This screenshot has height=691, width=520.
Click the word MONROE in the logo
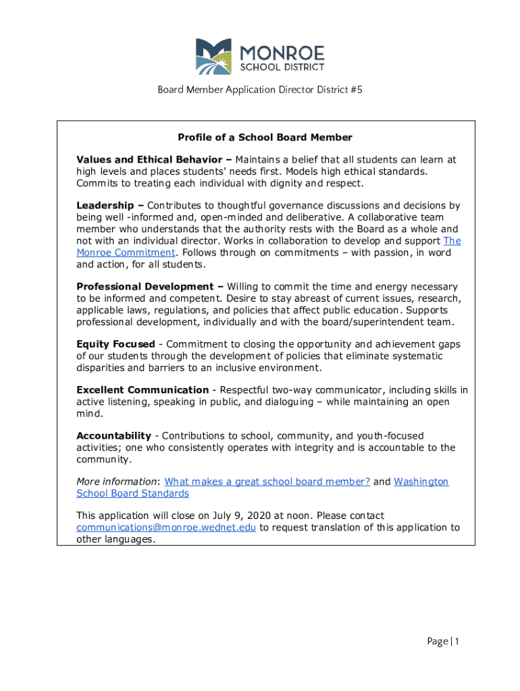282,52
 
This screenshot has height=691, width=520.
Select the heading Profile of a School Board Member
265,138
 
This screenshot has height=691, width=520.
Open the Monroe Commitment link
126,252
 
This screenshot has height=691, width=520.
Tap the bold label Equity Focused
115,344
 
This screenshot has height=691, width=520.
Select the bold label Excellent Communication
142,390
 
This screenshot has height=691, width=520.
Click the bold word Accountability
113,436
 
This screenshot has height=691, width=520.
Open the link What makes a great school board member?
267,482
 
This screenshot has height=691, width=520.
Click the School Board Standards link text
132,494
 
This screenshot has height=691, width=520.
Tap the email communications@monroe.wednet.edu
166,528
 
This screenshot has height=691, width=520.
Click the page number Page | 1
443,642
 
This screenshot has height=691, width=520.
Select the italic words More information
116,482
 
